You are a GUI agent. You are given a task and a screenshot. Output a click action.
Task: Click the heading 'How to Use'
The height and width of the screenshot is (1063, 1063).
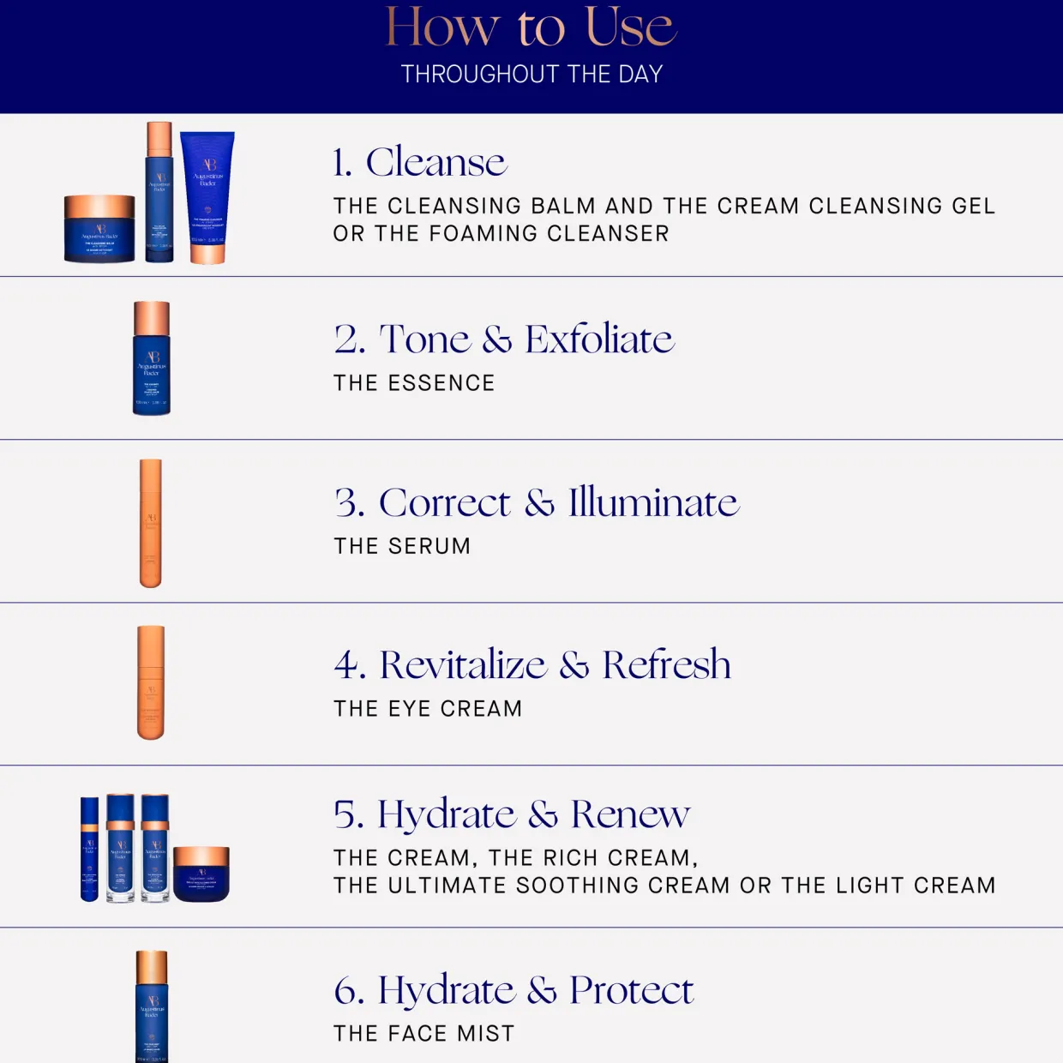coord(531,27)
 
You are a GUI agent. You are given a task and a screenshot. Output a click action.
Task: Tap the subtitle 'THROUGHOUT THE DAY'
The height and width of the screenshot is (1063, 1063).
coord(531,75)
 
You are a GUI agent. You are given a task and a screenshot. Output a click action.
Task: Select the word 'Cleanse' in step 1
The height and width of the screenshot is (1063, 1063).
coord(436,162)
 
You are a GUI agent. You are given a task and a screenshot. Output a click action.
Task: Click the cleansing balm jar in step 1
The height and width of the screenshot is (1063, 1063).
coord(99,230)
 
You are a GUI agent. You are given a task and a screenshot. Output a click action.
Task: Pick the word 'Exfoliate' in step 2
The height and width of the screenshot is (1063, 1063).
coord(599,339)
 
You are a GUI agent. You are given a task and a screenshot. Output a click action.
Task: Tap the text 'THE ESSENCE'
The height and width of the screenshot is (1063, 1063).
coord(414,383)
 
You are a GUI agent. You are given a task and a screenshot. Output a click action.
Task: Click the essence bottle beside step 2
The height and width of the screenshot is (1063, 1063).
coord(152,358)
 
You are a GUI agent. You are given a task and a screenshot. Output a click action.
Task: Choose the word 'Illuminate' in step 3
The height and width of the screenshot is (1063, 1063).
coord(653,502)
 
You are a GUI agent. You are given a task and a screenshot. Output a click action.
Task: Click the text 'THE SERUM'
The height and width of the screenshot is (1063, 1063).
coord(402,546)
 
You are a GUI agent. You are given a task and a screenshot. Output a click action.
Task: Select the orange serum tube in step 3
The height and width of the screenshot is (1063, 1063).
coord(151,523)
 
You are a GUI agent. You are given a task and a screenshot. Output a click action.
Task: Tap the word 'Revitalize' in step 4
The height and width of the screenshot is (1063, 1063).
coord(463,665)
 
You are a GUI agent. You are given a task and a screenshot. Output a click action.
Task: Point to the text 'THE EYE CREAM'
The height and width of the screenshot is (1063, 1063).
coord(428,709)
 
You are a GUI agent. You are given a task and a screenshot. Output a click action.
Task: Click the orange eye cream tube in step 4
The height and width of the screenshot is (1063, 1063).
coord(151,682)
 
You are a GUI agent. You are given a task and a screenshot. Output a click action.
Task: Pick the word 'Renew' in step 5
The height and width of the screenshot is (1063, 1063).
coord(630,814)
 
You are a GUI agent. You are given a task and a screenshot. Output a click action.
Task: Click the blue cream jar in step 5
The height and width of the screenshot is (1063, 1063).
coord(201,874)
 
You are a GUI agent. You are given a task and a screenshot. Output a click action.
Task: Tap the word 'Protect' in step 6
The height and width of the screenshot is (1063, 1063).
coord(631,991)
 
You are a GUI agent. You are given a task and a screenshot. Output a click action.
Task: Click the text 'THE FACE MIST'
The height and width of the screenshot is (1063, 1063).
coord(424,1034)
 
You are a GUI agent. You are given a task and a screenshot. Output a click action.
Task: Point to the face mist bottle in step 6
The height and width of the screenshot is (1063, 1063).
coord(152,1007)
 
